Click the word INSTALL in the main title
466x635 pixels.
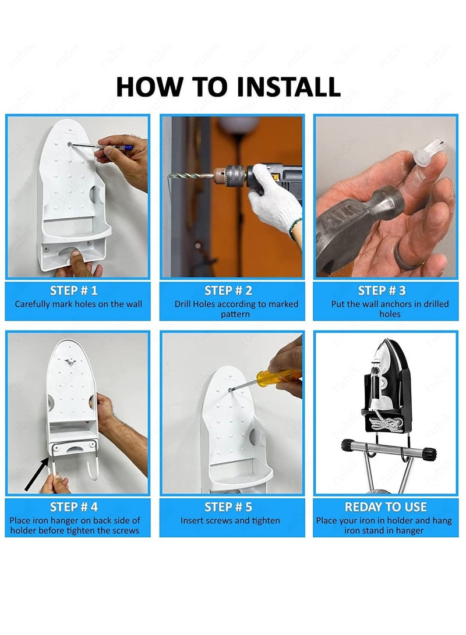(x=288, y=86)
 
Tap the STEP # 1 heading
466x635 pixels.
(x=74, y=290)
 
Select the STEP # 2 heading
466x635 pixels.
(x=228, y=290)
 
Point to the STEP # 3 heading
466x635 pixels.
(x=382, y=290)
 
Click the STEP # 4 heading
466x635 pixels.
(x=74, y=506)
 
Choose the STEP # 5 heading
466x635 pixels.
(x=228, y=506)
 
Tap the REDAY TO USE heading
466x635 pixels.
(x=386, y=506)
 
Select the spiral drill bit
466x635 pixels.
(x=191, y=176)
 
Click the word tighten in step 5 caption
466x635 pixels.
(x=266, y=520)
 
